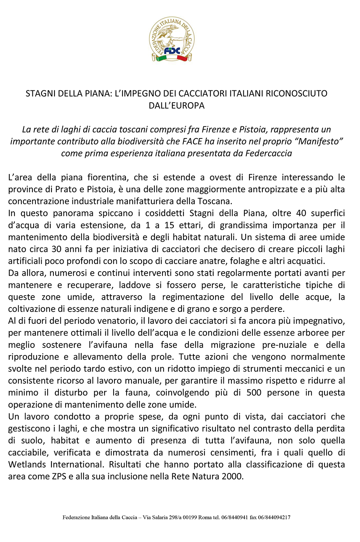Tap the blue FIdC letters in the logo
[x=172, y=50]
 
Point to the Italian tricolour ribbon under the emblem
[x=172, y=58]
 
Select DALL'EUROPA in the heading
[x=177, y=106]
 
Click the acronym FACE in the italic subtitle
[x=192, y=142]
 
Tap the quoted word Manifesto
[x=320, y=142]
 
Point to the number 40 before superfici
[x=301, y=213]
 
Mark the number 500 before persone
[x=254, y=392]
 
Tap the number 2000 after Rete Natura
[x=232, y=476]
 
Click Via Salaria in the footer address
[x=155, y=518]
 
